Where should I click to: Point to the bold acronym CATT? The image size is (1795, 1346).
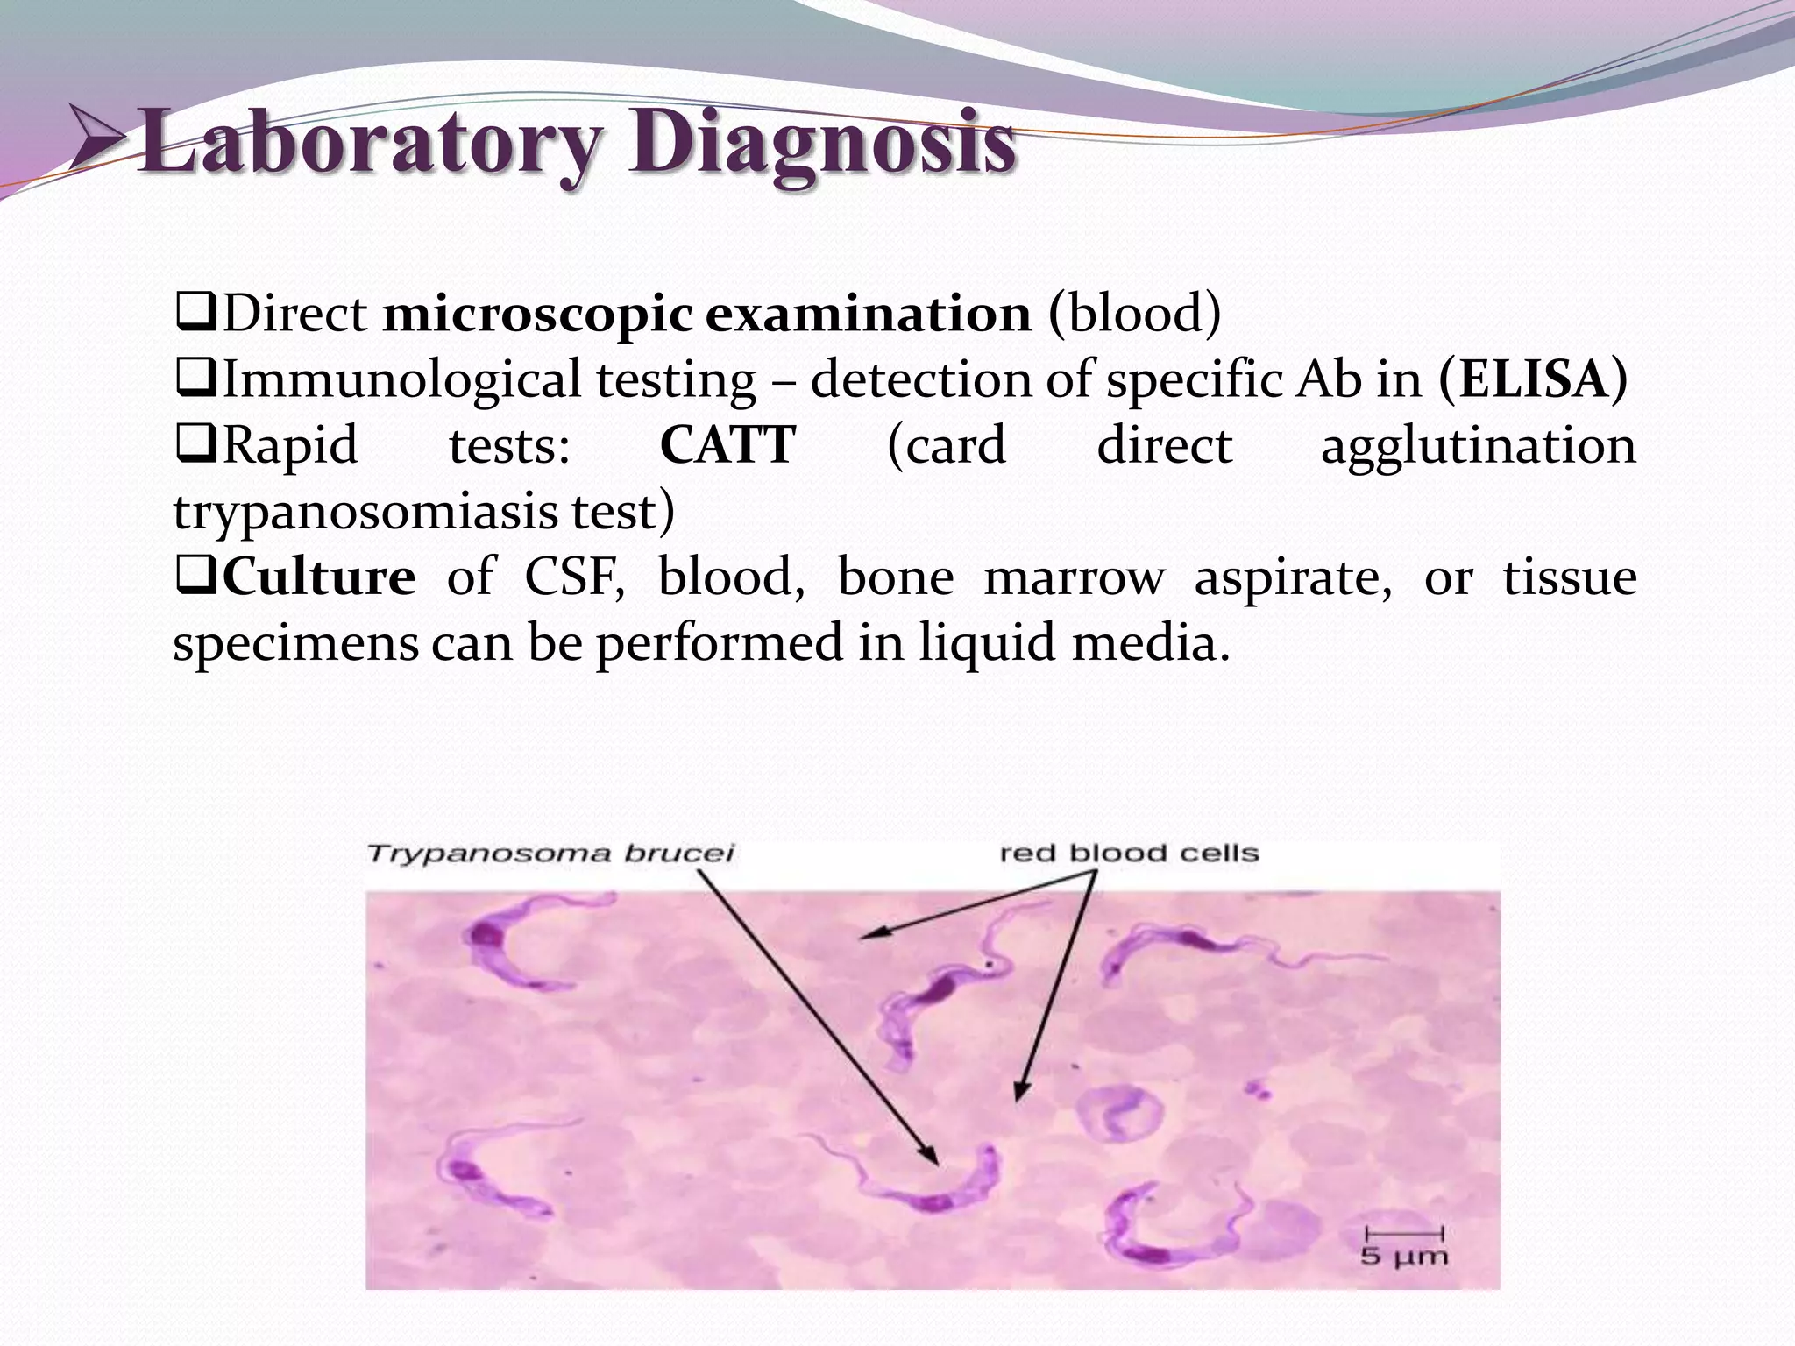(x=727, y=445)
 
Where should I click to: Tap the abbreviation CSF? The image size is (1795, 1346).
(x=574, y=577)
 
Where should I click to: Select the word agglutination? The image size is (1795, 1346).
(x=1478, y=445)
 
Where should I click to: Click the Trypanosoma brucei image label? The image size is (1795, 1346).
(x=550, y=853)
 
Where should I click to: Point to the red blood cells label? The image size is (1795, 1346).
(x=1129, y=853)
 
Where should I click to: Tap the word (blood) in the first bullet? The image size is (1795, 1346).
(x=1134, y=315)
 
